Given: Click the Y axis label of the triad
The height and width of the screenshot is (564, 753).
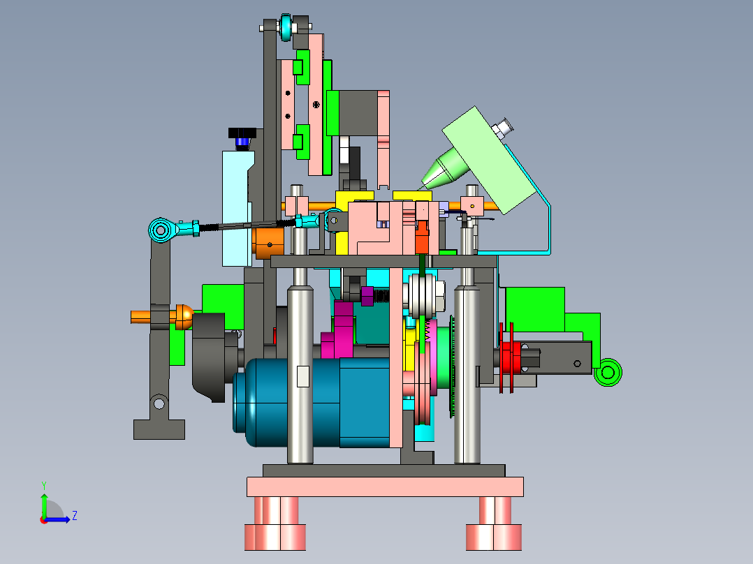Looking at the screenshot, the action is click(x=44, y=485).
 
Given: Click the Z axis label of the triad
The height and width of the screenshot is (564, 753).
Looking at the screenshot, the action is click(x=75, y=516).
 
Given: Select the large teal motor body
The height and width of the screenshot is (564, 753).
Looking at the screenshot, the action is click(x=312, y=402).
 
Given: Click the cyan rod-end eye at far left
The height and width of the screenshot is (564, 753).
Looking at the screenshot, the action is click(x=161, y=230).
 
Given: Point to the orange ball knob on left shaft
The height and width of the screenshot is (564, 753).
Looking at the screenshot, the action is click(x=184, y=317).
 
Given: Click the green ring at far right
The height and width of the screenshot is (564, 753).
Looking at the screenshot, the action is click(x=608, y=372).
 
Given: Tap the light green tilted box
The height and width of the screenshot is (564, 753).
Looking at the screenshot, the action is click(x=489, y=160).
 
